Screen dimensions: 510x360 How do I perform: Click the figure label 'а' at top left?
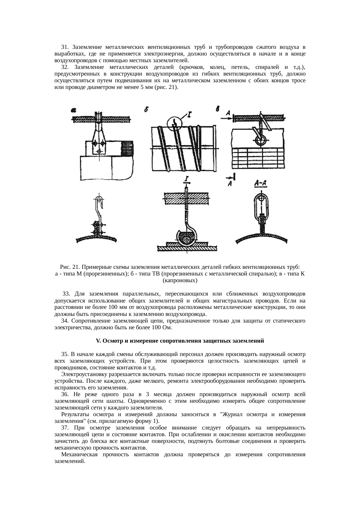(73, 110)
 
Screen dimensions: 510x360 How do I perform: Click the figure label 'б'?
(147, 110)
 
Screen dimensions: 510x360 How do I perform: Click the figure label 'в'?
(218, 109)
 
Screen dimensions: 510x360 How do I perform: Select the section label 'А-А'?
(260, 183)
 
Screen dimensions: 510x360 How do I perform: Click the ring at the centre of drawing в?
(260, 140)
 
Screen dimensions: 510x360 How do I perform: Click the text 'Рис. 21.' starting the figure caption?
(69, 267)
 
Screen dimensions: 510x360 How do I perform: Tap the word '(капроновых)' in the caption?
(180, 281)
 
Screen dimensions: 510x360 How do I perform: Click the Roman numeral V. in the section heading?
(98, 341)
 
